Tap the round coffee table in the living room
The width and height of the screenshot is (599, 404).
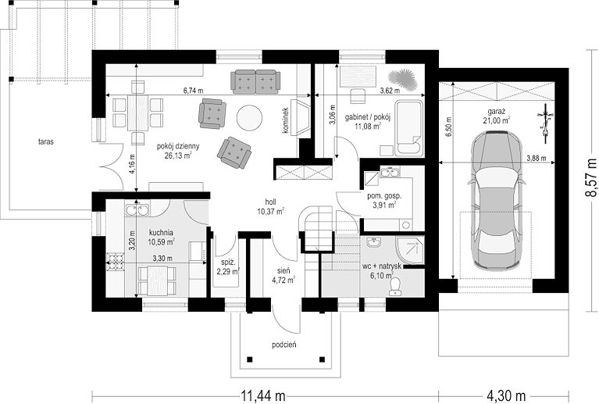click(249, 118)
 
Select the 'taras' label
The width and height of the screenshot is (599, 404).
click(46, 141)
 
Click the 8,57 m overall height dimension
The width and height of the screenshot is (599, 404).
click(590, 177)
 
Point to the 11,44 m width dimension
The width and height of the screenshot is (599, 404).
click(263, 395)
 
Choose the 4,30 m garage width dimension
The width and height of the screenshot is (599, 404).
click(507, 395)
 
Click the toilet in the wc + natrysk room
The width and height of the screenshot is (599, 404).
click(394, 286)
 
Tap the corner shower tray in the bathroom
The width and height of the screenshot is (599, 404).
click(410, 250)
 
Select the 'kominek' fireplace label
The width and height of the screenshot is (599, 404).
click(285, 120)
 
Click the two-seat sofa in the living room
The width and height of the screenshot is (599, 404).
click(255, 82)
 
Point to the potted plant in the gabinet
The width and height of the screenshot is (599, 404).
click(401, 77)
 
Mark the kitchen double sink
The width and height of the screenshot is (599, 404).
click(137, 210)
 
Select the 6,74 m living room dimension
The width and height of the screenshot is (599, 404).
click(193, 91)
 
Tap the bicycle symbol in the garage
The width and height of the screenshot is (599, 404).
click(545, 123)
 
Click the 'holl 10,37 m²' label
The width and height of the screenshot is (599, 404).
click(270, 207)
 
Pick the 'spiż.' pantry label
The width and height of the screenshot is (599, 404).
click(228, 263)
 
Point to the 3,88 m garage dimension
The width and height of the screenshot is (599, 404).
click(536, 158)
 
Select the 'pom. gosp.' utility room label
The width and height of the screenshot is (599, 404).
click(384, 196)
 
